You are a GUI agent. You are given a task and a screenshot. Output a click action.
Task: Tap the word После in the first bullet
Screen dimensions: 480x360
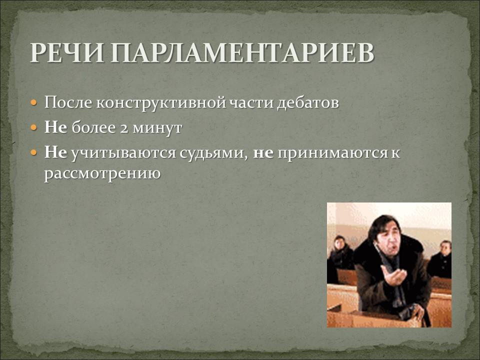coord(68,102)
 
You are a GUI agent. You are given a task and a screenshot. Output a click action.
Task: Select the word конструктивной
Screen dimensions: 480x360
coord(160,103)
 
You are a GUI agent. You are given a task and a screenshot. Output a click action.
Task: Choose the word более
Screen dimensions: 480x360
coord(93,127)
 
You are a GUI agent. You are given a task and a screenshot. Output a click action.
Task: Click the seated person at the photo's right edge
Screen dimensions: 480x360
coord(441,259)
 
